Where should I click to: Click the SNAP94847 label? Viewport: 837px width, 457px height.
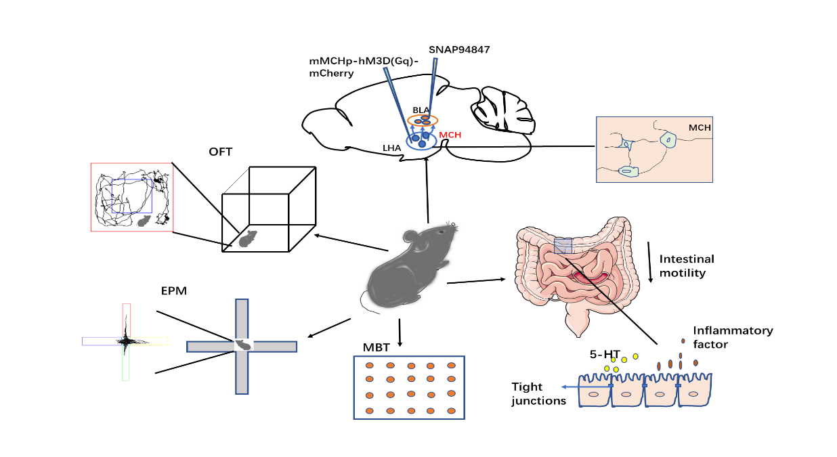(458, 50)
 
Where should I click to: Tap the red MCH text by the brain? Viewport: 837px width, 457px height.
(450, 135)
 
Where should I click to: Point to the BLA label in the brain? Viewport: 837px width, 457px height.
(421, 109)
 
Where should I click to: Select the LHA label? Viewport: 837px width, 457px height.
(391, 146)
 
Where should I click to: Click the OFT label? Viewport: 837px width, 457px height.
(220, 152)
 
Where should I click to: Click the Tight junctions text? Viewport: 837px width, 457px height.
(538, 393)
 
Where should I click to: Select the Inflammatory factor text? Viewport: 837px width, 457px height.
(733, 337)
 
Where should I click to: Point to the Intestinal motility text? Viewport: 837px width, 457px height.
(687, 266)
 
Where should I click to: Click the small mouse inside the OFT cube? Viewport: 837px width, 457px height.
(248, 238)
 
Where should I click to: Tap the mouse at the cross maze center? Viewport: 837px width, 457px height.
(243, 345)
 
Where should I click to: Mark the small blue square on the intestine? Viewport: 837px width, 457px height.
(563, 246)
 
